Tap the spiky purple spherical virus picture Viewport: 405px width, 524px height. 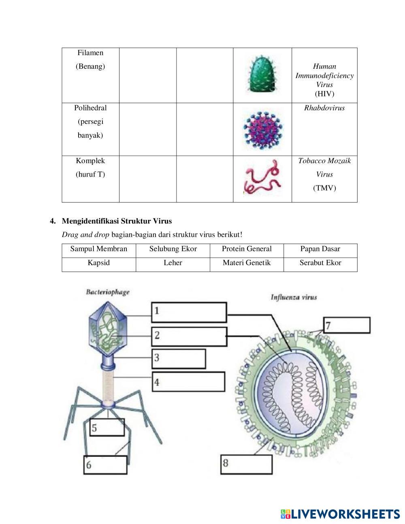263,129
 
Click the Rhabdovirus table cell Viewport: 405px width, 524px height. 324,108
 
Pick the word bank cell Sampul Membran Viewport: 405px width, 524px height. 99,249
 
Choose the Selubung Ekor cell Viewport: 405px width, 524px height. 173,249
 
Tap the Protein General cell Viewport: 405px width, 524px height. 247,249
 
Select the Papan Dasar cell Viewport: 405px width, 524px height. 320,249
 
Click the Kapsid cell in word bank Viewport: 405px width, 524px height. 99,263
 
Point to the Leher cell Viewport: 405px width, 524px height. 173,263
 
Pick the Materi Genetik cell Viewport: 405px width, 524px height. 247,263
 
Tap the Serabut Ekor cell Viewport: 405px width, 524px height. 320,263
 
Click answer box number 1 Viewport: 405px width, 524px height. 189,312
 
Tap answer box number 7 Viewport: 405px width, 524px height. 347,325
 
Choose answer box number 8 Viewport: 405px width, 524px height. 247,464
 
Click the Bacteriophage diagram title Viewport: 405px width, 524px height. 107,292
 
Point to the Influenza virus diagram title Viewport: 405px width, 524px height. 294,297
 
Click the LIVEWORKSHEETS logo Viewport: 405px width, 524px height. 340,514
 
